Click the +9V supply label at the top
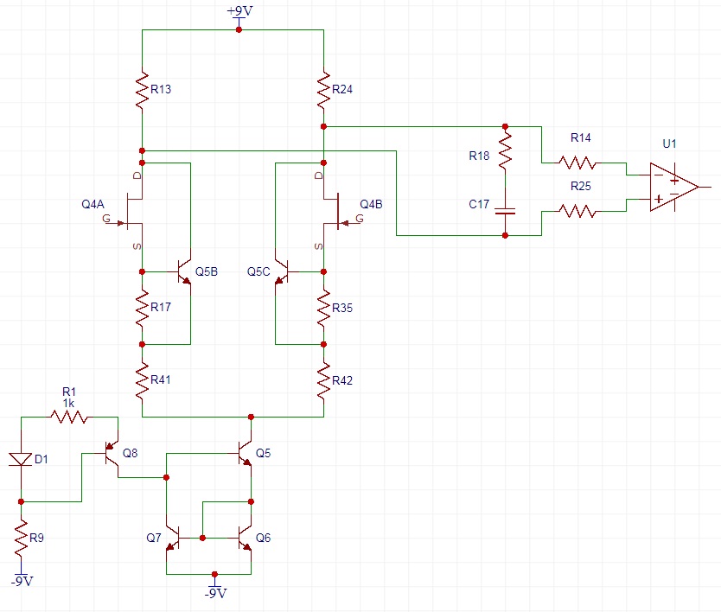click(239, 10)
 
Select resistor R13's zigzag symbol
click(141, 90)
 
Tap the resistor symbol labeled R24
click(323, 90)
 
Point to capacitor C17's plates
click(507, 210)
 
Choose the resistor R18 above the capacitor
click(507, 154)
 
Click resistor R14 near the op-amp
click(577, 162)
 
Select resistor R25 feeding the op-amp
click(577, 209)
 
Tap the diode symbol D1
click(21, 457)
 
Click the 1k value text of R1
click(69, 404)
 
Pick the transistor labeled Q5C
click(282, 271)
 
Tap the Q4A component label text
click(93, 204)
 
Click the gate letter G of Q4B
click(360, 220)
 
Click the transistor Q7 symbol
click(173, 538)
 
